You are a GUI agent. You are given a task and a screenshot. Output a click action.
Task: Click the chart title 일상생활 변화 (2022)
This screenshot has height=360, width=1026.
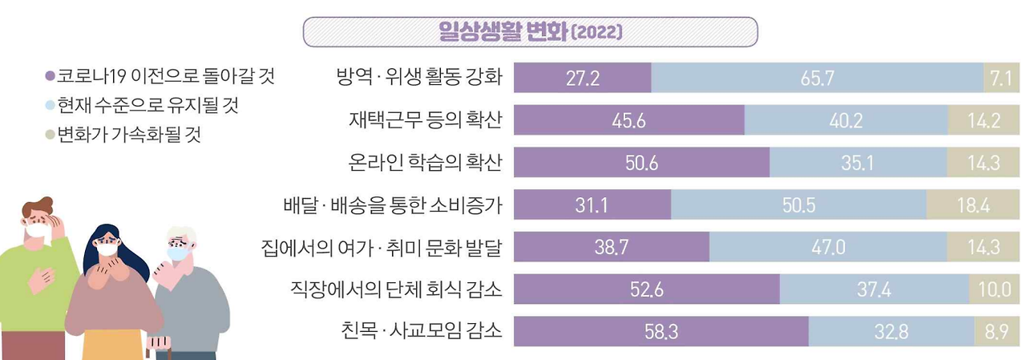pos(530,32)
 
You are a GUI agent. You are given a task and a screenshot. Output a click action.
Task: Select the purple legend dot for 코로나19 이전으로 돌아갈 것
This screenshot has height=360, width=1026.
pos(50,78)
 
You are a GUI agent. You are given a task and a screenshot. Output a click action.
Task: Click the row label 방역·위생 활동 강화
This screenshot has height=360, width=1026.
pos(419,78)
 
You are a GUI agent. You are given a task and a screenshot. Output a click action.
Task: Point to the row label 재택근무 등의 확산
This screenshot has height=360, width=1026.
pos(425,120)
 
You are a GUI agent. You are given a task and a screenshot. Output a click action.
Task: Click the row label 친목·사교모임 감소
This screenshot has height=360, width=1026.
pos(420,331)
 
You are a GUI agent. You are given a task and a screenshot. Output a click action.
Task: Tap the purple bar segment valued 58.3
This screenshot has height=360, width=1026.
pos(660,331)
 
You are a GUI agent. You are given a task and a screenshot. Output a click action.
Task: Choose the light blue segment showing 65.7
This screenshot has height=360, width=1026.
pos(817,78)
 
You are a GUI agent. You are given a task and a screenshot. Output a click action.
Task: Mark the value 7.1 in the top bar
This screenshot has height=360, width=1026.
pos(1000,78)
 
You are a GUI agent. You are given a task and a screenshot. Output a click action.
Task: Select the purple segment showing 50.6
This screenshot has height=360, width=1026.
pos(641,163)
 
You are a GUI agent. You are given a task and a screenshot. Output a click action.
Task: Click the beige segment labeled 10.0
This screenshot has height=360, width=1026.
pos(994,289)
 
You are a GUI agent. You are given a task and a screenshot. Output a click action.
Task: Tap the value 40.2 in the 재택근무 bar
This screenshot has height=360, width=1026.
pos(846,120)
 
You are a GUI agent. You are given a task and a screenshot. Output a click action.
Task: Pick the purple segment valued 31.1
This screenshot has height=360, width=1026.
pos(592,204)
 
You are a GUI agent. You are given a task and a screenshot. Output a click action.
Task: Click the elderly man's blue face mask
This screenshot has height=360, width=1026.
pos(178,253)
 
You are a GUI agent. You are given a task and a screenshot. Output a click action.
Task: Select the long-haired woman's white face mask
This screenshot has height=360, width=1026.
pos(107,249)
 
